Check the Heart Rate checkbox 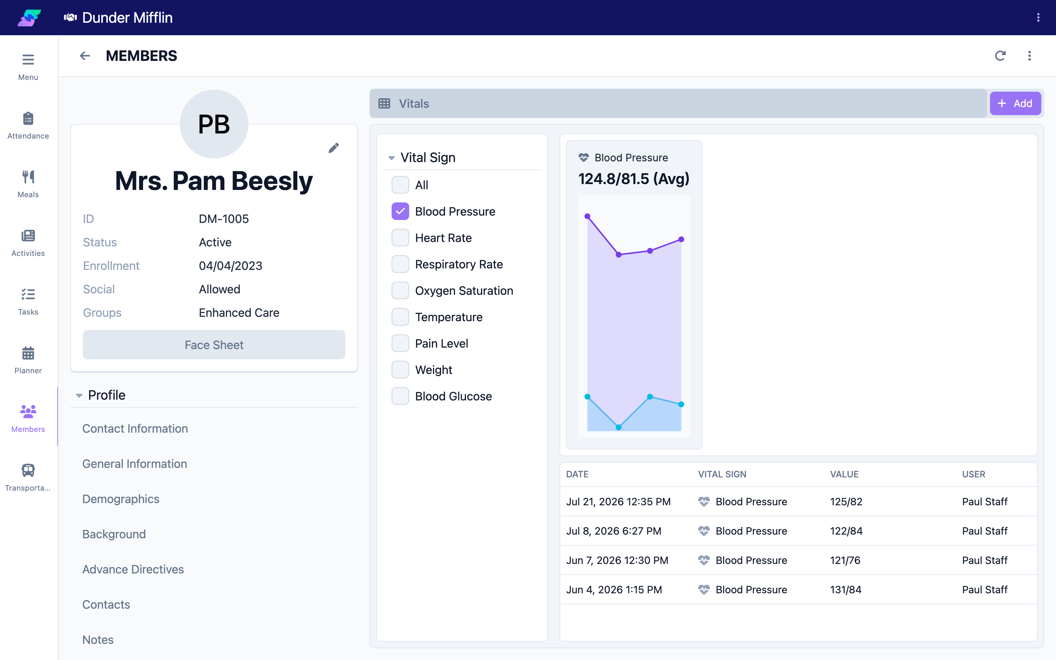400,238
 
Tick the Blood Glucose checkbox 400,396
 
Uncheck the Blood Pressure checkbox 400,211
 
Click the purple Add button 1015,103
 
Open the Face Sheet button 214,345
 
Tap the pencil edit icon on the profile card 333,148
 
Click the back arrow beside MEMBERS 85,56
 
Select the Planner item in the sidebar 28,360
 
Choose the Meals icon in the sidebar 28,177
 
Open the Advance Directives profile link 133,569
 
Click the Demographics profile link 121,499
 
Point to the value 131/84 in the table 846,590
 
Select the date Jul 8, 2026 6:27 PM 613,531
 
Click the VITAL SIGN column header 722,474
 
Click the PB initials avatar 214,124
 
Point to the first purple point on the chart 587,216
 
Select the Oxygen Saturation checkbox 400,291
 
